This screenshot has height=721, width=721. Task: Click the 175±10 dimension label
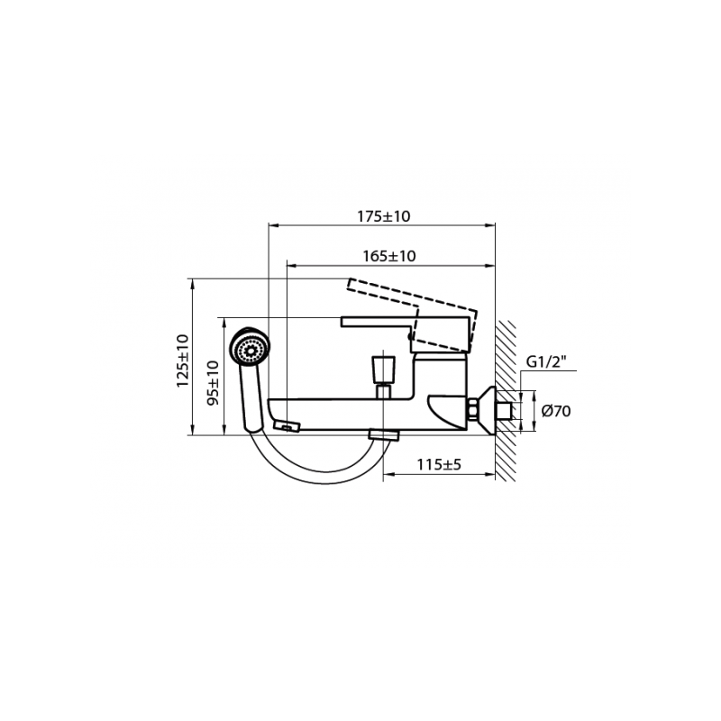[384, 217]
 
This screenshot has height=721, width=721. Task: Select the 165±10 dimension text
[388, 256]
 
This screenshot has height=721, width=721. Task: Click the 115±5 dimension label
[440, 466]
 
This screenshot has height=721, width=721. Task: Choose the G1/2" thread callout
[545, 363]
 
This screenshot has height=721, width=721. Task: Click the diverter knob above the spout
[382, 369]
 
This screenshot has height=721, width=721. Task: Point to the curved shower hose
[306, 473]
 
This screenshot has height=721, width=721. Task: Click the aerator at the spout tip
[287, 425]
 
